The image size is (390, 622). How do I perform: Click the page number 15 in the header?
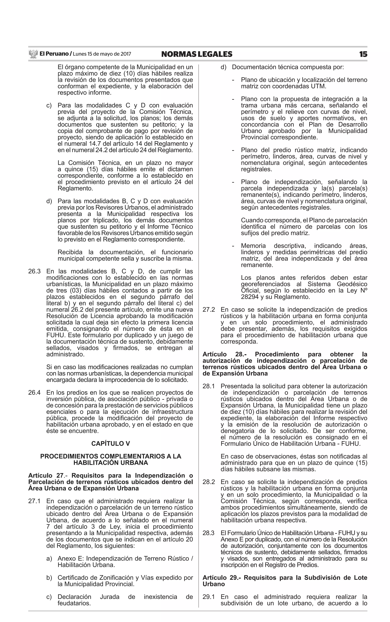(363, 54)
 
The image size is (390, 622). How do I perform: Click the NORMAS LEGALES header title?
(197, 54)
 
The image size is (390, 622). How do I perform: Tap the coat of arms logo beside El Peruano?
(33, 54)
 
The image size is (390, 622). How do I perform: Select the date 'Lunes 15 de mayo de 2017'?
(102, 54)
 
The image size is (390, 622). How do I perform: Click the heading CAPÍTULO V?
(110, 443)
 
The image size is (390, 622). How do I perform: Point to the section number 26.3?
(34, 271)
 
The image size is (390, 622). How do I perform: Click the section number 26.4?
(34, 393)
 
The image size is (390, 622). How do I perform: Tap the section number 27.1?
(34, 501)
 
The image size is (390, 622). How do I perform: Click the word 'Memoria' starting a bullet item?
(253, 246)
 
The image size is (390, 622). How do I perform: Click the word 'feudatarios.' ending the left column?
(74, 603)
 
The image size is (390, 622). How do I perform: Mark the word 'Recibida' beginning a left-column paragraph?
(70, 252)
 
